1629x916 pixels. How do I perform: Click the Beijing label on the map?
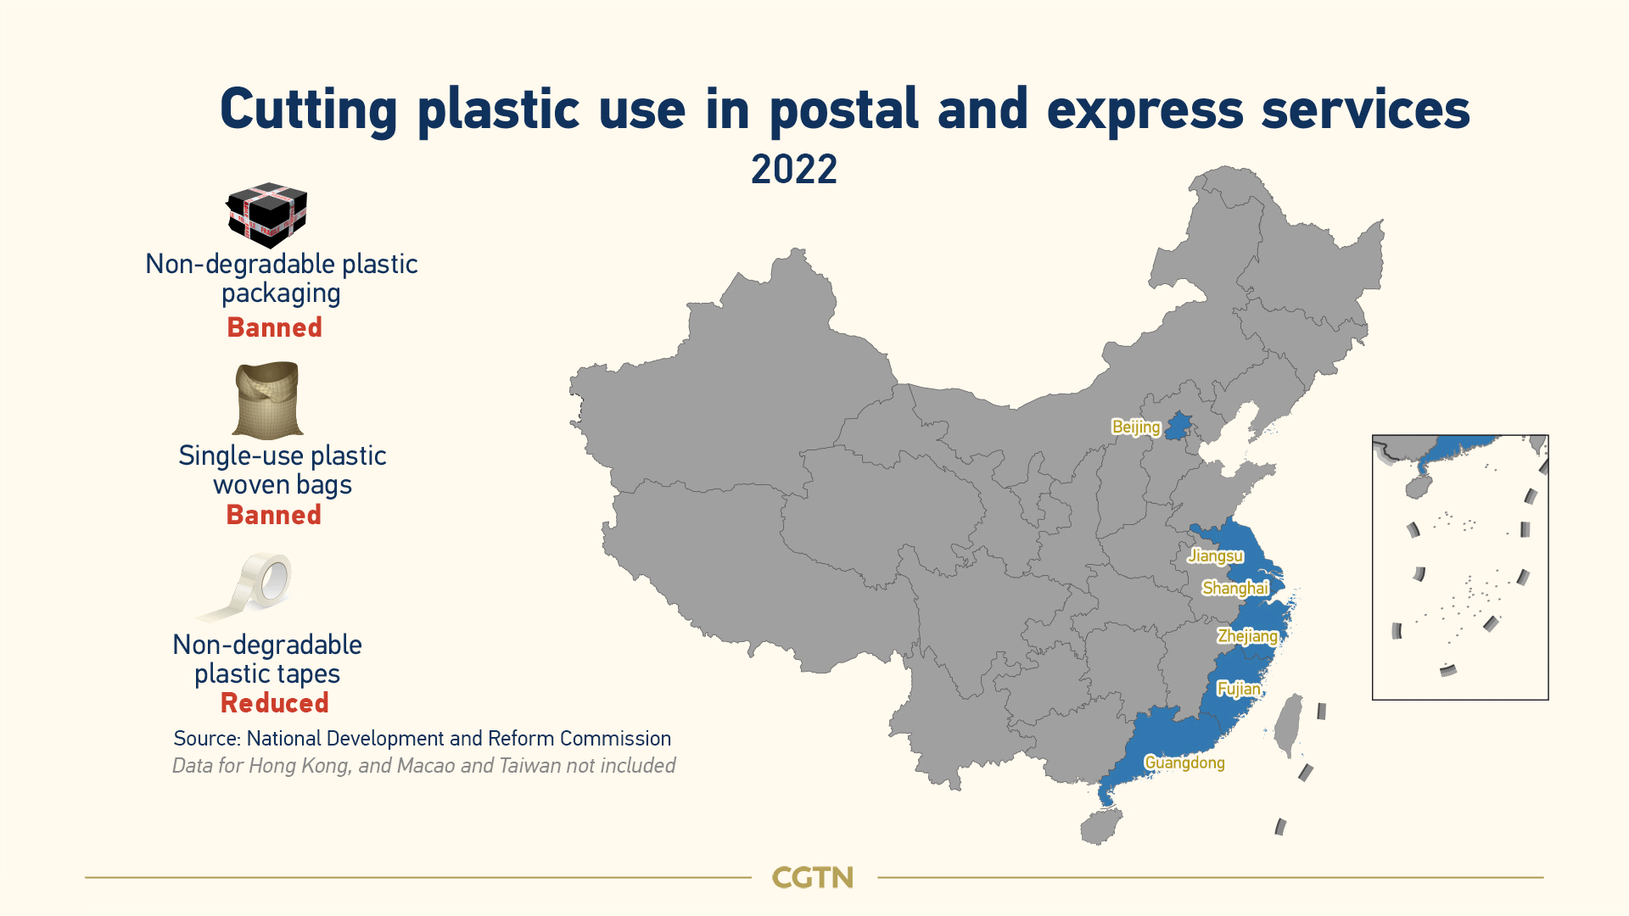pos(1136,427)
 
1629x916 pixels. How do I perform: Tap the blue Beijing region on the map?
pos(1177,426)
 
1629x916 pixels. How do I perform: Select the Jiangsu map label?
pos(1216,556)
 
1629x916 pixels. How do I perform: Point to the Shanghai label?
pos(1235,589)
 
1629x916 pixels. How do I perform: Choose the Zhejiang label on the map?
pos(1247,636)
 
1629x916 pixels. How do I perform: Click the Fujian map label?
pos(1239,689)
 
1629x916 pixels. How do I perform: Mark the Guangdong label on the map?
pos(1184,762)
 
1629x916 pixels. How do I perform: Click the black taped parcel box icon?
pos(266,215)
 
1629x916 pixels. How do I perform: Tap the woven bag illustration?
pos(267,400)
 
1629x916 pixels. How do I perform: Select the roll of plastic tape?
pos(246,587)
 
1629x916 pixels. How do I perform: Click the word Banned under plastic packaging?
pos(275,327)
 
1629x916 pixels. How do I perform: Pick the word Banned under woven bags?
pos(274,515)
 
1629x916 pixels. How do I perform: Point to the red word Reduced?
pos(275,703)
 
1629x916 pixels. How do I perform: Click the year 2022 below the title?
pos(794,170)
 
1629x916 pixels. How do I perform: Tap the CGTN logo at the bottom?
pos(813,878)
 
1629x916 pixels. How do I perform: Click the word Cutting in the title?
pos(309,110)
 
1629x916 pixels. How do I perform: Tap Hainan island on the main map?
pos(1100,826)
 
